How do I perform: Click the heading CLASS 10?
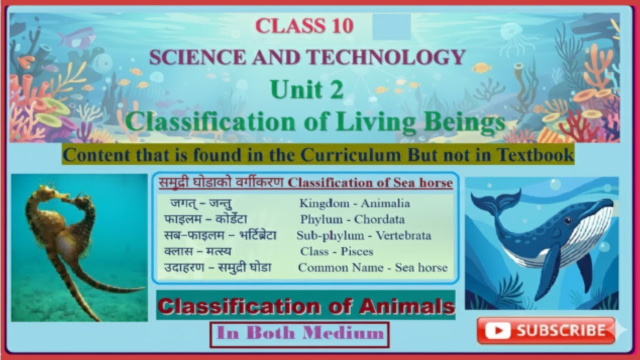[304, 26]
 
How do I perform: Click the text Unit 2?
[306, 90]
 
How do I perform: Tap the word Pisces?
[357, 251]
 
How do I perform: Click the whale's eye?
[568, 220]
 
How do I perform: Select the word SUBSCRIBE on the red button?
[560, 330]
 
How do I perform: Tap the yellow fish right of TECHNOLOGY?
[481, 67]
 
